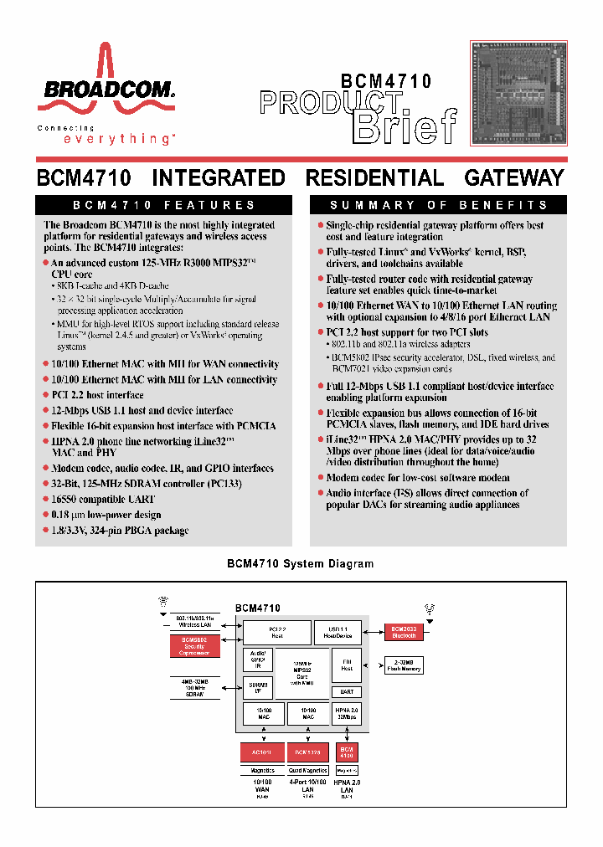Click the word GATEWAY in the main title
click(x=514, y=178)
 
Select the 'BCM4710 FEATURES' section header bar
click(x=164, y=205)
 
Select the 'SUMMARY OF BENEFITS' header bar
click(x=439, y=205)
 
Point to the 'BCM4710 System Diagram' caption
click(x=301, y=564)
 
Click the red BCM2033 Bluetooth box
click(x=405, y=631)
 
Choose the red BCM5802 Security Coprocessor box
click(x=194, y=646)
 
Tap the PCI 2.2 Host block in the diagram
click(x=276, y=632)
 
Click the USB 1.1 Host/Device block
click(x=337, y=632)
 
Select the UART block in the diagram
click(x=347, y=692)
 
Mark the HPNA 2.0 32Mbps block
click(x=347, y=713)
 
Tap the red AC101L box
click(x=262, y=752)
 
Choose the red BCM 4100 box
click(x=347, y=752)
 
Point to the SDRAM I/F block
click(x=256, y=688)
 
